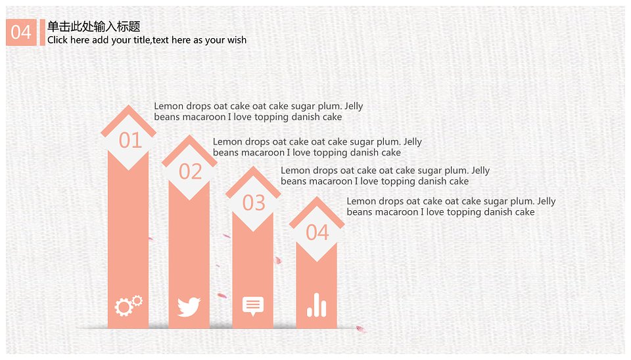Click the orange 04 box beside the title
point(21,32)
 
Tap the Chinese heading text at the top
point(94,26)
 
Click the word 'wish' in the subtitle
point(237,40)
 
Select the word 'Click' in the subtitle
point(58,40)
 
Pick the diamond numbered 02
point(189,171)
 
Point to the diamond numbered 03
point(253,203)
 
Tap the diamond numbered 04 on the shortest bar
point(317,233)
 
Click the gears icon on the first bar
point(128,305)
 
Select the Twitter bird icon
point(189,307)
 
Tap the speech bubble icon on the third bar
point(253,306)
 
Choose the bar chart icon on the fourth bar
point(317,305)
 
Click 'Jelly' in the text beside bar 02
point(413,143)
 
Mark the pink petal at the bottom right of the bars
point(361,329)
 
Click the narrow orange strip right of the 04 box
point(42,32)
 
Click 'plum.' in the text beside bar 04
point(523,202)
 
